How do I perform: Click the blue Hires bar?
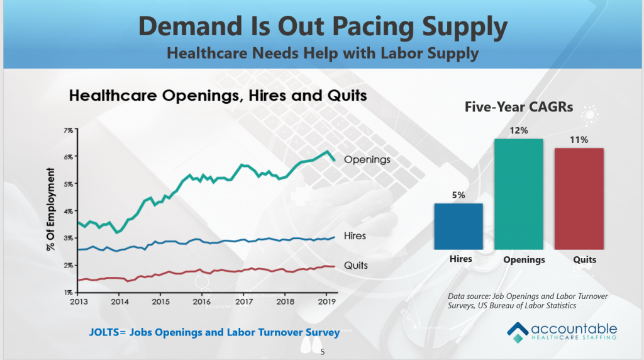tap(458, 226)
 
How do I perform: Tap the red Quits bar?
tap(579, 198)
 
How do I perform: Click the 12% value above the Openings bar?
tap(518, 130)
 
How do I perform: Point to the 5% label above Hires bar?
tap(458, 195)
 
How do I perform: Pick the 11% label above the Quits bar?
tap(579, 140)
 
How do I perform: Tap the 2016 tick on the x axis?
tap(201, 301)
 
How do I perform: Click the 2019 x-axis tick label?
tap(325, 301)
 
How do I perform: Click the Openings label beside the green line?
tap(367, 160)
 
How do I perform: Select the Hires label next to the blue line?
tap(355, 236)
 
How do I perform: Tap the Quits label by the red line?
tap(355, 266)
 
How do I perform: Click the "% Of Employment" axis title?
tap(50, 214)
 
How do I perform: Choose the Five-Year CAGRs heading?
tap(519, 108)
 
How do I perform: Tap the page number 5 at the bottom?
tap(322, 352)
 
